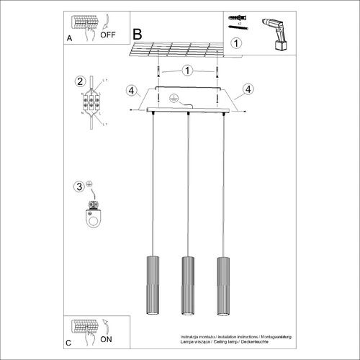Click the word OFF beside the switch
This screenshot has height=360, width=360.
click(109, 34)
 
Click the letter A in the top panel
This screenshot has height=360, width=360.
click(69, 36)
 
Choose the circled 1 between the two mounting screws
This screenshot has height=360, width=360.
click(187, 71)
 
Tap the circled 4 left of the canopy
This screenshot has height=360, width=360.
click(130, 90)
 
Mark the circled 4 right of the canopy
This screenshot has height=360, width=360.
click(248, 89)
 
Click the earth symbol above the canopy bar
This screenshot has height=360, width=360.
click(173, 99)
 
